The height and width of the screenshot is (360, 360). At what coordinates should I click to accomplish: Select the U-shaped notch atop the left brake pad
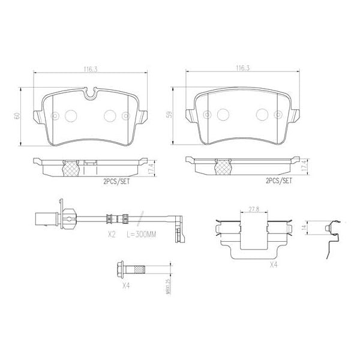point(91,94)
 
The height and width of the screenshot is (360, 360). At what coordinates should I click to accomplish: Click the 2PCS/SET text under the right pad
point(277,181)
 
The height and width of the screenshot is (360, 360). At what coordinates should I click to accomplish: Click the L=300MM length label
point(142,235)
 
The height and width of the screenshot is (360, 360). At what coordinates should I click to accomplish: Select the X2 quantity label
point(111,235)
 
